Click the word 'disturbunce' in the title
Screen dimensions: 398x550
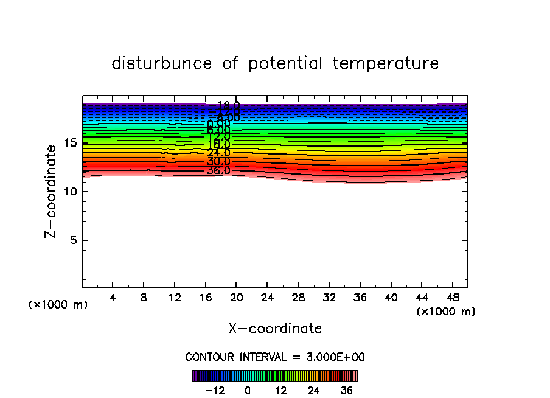(162, 63)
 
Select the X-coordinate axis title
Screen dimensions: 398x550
(275, 328)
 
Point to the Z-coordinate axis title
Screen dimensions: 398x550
(52, 191)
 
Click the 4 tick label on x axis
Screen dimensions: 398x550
(113, 298)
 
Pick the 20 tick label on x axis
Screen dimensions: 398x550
(236, 298)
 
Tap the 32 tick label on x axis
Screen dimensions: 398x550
(329, 298)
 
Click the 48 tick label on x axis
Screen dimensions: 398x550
(451, 298)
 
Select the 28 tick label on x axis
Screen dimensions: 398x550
(298, 298)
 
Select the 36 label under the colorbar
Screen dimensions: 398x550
(347, 390)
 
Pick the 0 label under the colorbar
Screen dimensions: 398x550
(248, 390)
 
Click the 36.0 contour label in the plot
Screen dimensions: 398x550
(218, 170)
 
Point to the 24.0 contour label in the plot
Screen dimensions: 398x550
(218, 153)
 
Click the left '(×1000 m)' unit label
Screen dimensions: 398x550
(58, 304)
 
